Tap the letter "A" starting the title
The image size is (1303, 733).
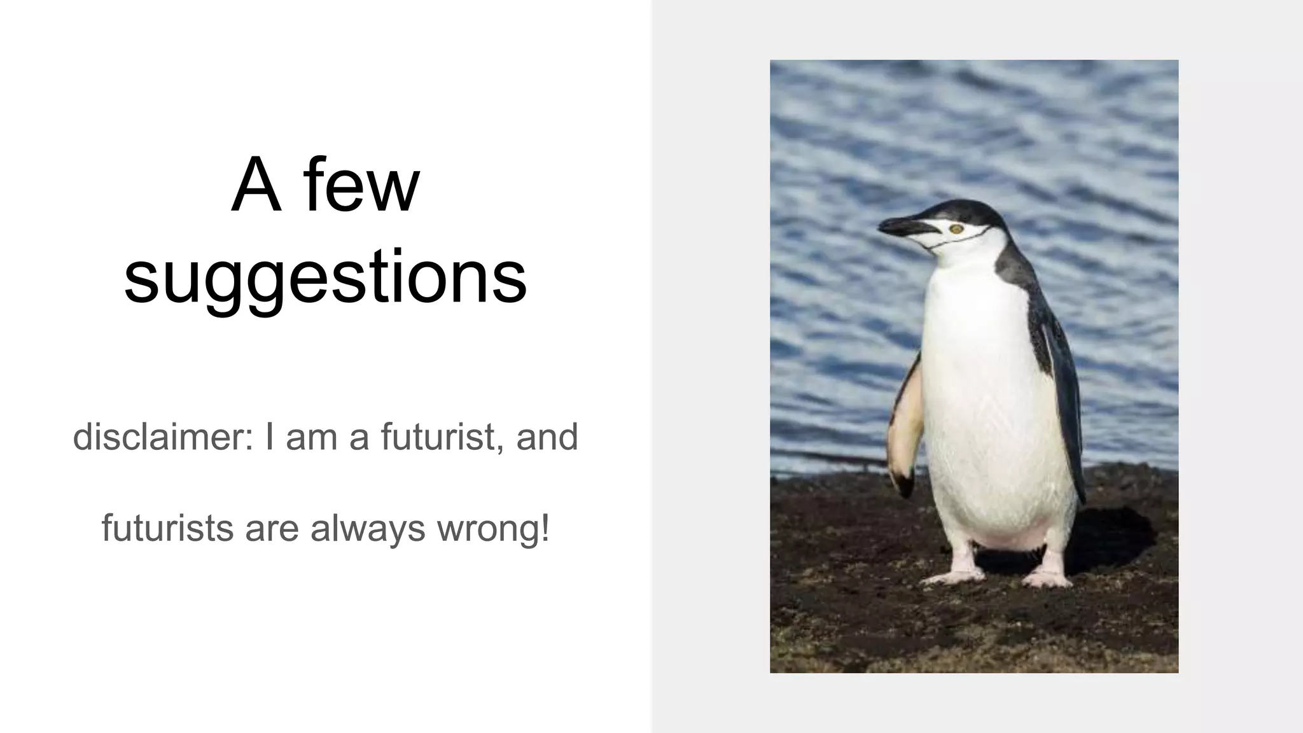point(256,186)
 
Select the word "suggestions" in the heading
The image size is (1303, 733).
point(325,276)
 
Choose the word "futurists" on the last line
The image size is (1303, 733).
point(167,527)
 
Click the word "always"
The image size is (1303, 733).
point(368,527)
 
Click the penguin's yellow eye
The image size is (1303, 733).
point(955,228)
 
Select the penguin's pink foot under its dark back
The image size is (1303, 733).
point(1047,576)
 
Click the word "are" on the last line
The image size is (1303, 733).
point(272,527)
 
